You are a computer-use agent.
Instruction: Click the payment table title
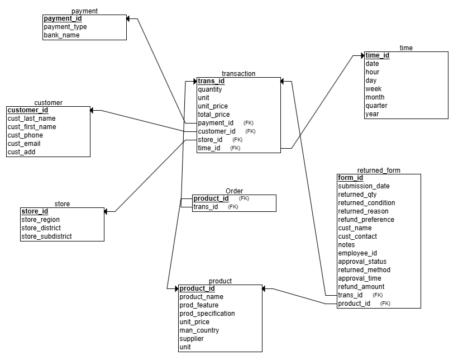(x=85, y=11)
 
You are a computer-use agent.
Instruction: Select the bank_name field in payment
(x=61, y=35)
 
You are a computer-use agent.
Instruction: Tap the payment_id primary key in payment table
(x=63, y=18)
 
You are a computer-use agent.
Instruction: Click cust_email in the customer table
(x=23, y=144)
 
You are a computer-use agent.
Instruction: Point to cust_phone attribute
(x=25, y=135)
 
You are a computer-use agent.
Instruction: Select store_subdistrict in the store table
(x=46, y=236)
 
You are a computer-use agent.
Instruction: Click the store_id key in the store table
(x=35, y=211)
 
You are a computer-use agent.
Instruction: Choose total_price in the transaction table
(x=213, y=115)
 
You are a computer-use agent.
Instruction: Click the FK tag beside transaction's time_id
(x=235, y=148)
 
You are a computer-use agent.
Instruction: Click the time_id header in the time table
(x=378, y=55)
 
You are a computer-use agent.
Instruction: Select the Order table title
(x=234, y=191)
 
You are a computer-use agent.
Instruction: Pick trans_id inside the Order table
(x=206, y=207)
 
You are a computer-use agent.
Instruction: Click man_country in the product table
(x=199, y=330)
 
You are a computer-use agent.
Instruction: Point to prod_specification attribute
(x=207, y=314)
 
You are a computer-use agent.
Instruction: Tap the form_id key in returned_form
(x=350, y=178)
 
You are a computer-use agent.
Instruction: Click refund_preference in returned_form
(x=366, y=220)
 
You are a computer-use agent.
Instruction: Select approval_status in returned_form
(x=362, y=262)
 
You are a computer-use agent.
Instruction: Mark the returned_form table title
(x=379, y=170)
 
